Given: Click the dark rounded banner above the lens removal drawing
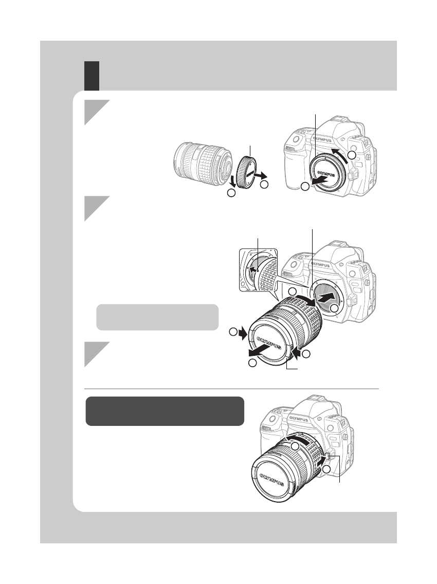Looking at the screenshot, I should click(x=165, y=410).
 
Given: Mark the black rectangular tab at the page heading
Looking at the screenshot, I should click(x=92, y=75).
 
